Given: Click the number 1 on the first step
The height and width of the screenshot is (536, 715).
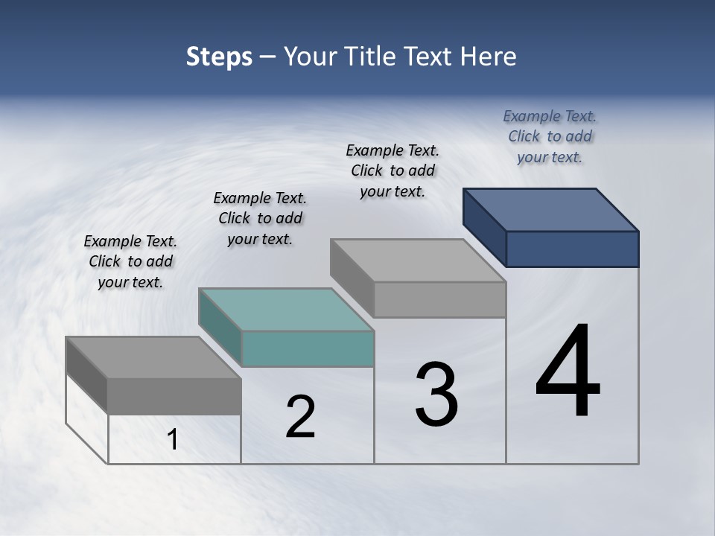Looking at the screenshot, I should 173,440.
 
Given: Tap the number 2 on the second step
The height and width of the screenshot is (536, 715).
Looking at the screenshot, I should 300,417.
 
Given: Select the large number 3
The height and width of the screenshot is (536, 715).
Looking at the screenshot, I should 436,395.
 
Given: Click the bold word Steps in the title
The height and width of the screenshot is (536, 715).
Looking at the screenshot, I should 219,57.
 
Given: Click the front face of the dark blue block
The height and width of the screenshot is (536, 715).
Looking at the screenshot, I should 572,249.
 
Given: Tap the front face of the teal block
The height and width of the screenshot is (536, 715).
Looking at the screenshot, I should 308,349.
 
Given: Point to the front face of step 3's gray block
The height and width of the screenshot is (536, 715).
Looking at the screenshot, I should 439,299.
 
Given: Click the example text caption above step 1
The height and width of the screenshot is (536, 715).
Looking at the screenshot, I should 130,261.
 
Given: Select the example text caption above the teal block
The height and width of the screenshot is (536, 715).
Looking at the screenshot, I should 260,218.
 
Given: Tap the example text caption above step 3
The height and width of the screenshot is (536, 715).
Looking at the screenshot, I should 393,170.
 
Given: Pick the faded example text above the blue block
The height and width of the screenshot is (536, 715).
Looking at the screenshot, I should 550,136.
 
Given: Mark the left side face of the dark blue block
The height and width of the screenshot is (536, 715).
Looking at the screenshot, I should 485,227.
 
